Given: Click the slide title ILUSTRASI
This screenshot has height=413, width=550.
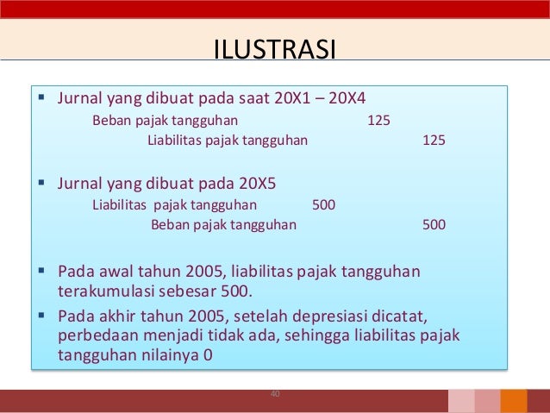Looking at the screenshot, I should (275, 47).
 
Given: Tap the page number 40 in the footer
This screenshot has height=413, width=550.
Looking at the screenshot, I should (275, 394).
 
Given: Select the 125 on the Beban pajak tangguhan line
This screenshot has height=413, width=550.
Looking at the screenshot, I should (378, 120).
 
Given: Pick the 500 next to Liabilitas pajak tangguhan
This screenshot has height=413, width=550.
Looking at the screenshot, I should (323, 205).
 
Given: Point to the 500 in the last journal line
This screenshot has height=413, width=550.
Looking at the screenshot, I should (434, 225).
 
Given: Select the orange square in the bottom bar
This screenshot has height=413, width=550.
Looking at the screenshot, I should (514, 401).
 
